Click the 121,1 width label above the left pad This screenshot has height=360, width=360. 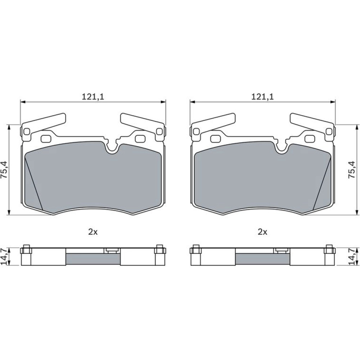[x=93, y=96]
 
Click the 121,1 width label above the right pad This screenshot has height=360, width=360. [x=262, y=96]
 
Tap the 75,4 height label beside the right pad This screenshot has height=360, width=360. [x=351, y=170]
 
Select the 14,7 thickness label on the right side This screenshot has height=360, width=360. [x=351, y=256]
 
